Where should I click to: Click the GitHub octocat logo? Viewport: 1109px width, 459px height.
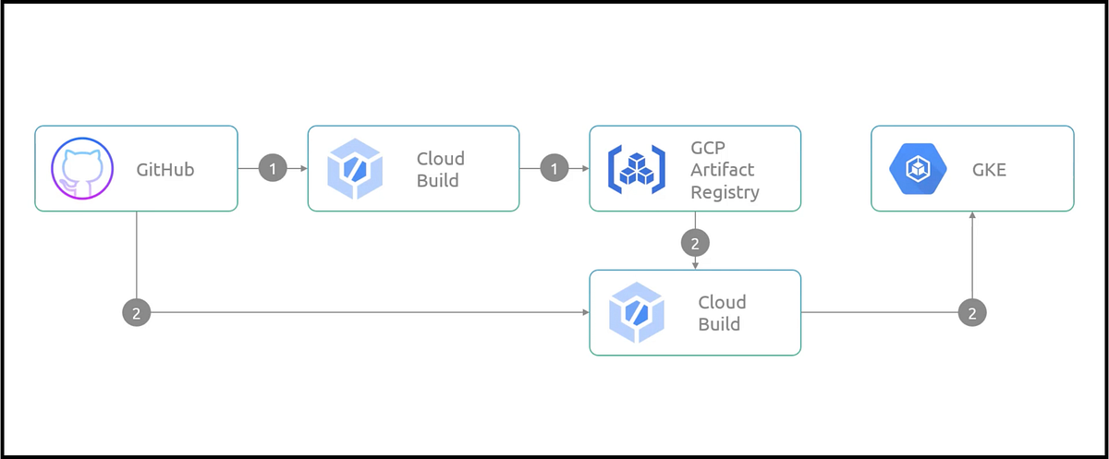83,169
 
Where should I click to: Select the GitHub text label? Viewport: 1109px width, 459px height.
165,169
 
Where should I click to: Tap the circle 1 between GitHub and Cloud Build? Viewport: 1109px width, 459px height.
273,169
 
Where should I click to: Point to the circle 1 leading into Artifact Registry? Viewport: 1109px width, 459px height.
554,169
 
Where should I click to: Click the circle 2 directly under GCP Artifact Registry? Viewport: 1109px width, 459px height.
695,243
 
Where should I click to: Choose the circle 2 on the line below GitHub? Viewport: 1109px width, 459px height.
137,313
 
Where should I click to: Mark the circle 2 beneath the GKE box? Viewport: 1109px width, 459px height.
972,313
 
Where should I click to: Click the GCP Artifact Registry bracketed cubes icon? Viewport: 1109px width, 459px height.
636,169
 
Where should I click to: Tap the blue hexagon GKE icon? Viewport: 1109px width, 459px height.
919,169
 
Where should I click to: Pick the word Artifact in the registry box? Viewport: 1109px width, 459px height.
722,170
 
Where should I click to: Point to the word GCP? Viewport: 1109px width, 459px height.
709,148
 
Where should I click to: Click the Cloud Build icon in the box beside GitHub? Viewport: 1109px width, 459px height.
356,169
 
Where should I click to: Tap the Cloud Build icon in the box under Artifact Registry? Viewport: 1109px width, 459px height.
638,313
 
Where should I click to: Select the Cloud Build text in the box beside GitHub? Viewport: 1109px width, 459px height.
440,169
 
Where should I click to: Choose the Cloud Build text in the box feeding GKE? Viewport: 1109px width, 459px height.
722,313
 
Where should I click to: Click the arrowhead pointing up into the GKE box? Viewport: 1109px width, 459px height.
972,215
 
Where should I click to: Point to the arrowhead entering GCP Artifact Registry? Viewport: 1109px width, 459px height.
585,169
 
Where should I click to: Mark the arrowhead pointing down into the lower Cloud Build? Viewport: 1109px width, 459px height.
695,266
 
